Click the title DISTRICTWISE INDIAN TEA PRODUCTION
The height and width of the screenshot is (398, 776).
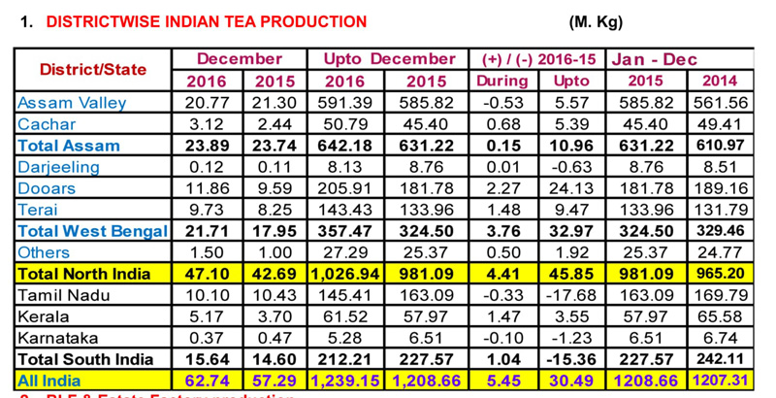[x=193, y=21]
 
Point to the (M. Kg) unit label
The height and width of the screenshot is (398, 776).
[x=596, y=21]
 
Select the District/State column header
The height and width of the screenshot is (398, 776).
[x=93, y=70]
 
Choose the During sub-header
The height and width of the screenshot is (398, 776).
[x=501, y=81]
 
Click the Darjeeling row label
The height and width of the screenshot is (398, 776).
[x=58, y=167]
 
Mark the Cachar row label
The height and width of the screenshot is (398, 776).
[x=48, y=124]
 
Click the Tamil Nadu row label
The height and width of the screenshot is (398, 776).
[x=59, y=295]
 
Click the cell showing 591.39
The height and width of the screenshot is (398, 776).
[x=345, y=102]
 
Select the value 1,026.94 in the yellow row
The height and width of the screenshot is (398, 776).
[x=345, y=274]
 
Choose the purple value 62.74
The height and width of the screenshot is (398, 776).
[x=206, y=381]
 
